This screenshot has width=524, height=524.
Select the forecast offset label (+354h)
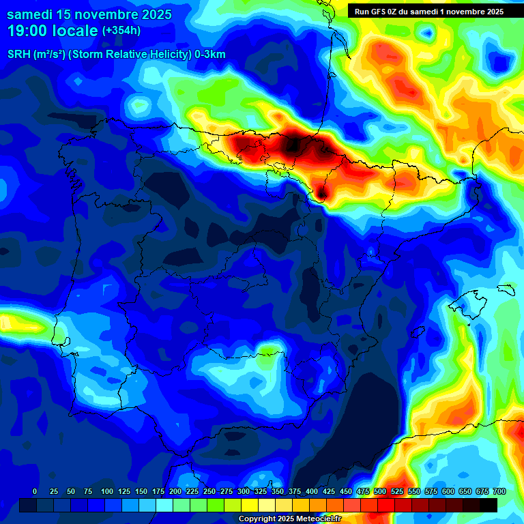pyautogui.click(x=121, y=30)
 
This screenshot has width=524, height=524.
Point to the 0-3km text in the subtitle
pyautogui.click(x=210, y=55)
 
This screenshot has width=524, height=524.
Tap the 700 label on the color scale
pyautogui.click(x=498, y=491)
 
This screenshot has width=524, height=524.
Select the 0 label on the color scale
pyautogui.click(x=35, y=491)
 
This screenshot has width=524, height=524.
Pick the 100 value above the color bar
pyautogui.click(x=107, y=491)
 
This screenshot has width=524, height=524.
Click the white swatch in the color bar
pyautogui.click(x=267, y=505)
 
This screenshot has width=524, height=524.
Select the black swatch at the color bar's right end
pyautogui.click(x=489, y=505)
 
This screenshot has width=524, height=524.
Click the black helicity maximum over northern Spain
pyautogui.click(x=294, y=145)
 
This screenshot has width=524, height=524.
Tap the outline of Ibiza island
pyautogui.click(x=415, y=332)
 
